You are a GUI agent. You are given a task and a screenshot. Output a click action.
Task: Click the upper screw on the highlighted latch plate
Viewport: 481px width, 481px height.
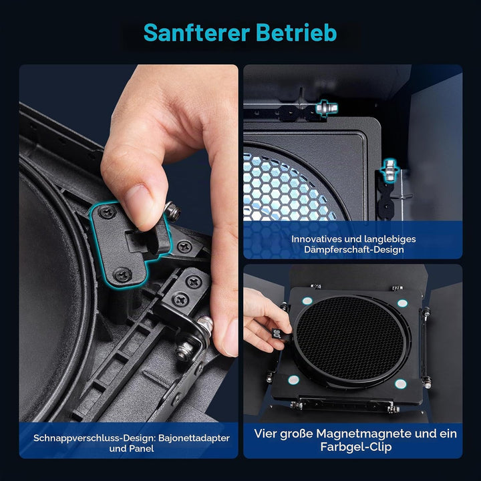coord(108,212)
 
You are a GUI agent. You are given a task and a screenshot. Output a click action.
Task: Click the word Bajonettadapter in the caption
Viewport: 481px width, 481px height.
coord(194,438)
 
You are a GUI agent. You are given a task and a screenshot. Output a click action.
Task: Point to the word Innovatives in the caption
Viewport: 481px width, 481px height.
coord(316,238)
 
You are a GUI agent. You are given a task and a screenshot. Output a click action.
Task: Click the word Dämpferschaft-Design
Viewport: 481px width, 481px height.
coord(354,249)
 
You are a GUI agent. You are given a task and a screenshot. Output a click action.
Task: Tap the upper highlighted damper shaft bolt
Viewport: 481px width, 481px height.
coord(327,108)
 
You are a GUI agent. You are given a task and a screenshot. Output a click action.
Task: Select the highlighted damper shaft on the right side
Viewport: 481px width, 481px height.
coord(389,170)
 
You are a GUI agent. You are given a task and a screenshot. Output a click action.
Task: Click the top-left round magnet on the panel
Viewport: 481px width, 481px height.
coord(307,301)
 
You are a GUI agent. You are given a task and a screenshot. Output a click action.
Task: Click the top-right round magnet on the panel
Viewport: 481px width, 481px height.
coord(402,303)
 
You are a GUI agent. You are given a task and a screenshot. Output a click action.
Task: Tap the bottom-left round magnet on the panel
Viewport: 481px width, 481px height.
coord(293,379)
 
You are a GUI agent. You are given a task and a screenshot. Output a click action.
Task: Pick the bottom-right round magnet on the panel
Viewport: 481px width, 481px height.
coord(401,383)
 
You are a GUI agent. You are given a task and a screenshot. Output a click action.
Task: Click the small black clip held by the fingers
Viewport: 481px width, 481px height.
coord(279,335)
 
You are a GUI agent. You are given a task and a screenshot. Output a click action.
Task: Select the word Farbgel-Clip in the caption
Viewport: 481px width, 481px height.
coord(356,447)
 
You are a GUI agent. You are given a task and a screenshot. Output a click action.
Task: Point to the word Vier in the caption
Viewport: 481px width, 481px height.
coord(265,434)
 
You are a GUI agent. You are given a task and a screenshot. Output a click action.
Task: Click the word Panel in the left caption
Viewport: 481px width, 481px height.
coord(141,448)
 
